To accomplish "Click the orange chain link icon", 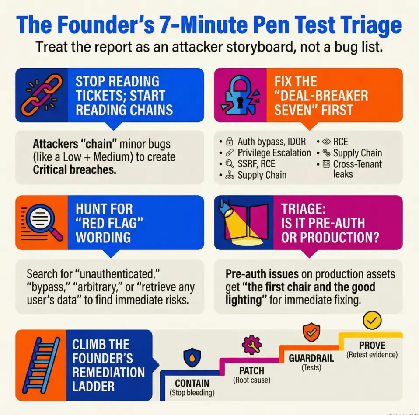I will tap(41, 95).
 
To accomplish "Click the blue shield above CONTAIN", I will tap(192, 357).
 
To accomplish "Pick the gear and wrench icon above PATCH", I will tap(251, 345).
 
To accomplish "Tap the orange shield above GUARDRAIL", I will tap(311, 332).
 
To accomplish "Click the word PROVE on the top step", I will tap(372, 345).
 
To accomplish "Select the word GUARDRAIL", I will tap(311, 358).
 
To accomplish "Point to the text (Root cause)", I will tap(251, 380).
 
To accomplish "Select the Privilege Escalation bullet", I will tap(274, 153).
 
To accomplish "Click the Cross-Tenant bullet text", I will tap(357, 164).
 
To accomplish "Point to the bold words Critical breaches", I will tap(74, 169).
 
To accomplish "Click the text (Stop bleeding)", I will tap(192, 393).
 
